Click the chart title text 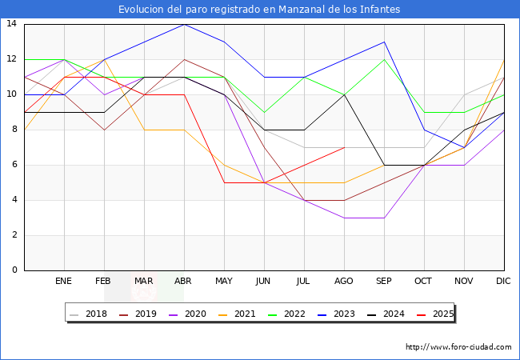tap(259, 10)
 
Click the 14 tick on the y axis tap(11, 24)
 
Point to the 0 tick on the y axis tap(14, 270)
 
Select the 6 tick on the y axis tap(14, 165)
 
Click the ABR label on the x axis tap(184, 282)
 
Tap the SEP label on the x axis tap(384, 282)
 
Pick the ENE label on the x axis tap(64, 282)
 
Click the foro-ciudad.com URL tap(458, 347)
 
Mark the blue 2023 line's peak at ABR tap(184, 24)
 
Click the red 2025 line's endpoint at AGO tap(344, 147)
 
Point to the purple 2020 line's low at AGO tap(344, 218)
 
